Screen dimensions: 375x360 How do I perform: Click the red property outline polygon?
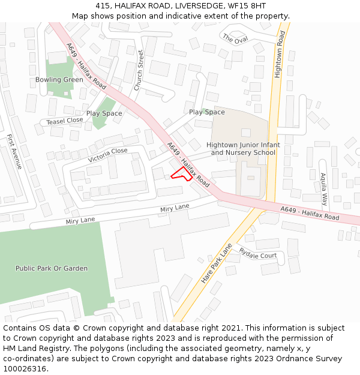pyautogui.click(x=181, y=174)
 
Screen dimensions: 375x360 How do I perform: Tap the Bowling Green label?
pyautogui.click(x=59, y=80)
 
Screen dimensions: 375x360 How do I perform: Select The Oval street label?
pyautogui.click(x=235, y=38)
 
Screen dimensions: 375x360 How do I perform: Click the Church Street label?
pyautogui.click(x=139, y=70)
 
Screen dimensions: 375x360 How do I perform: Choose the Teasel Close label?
pyautogui.click(x=65, y=121)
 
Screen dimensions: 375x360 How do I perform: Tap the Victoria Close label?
pyautogui.click(x=107, y=155)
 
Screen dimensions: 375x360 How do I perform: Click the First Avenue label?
pyautogui.click(x=14, y=151)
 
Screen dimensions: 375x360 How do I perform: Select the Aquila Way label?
pyautogui.click(x=323, y=189)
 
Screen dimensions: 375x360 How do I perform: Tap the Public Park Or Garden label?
pyautogui.click(x=52, y=268)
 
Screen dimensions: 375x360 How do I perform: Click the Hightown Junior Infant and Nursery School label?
pyautogui.click(x=243, y=149)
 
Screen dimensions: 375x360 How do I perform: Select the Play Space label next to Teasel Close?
pyautogui.click(x=104, y=113)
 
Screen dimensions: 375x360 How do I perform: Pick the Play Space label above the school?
pyautogui.click(x=207, y=112)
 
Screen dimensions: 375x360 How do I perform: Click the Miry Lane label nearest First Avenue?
pyautogui.click(x=80, y=221)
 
